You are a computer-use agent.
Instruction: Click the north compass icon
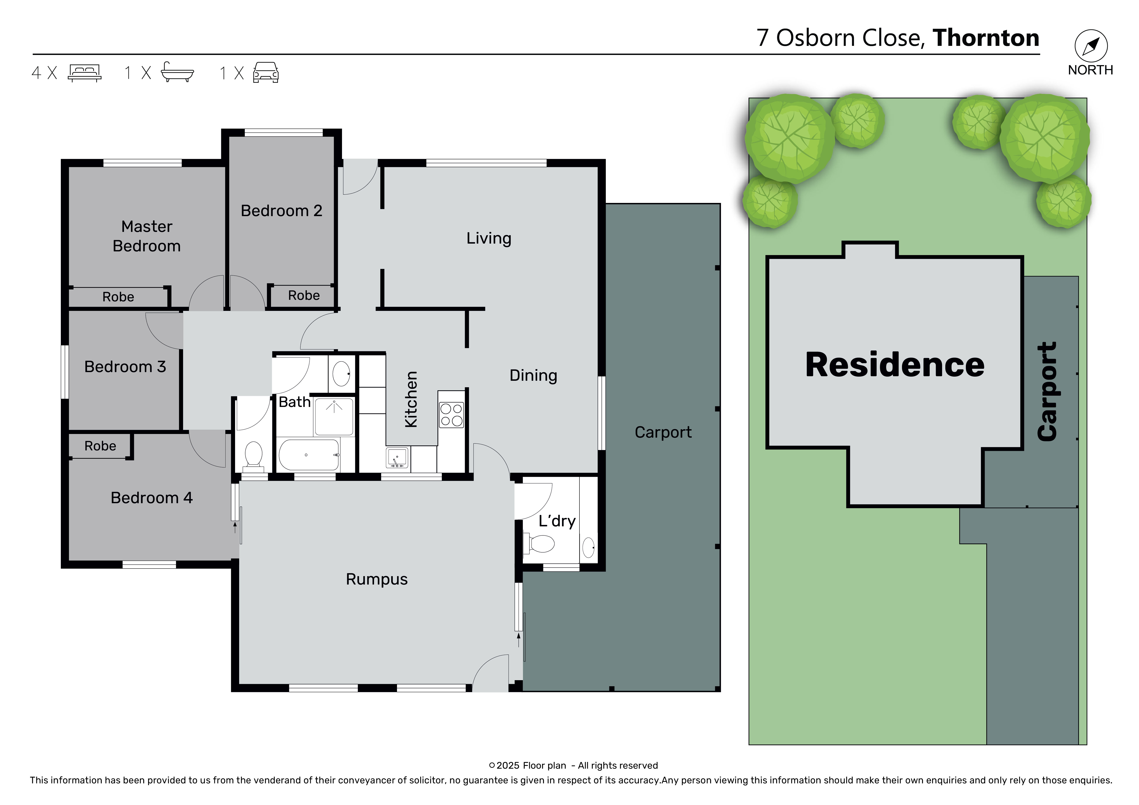[1091, 46]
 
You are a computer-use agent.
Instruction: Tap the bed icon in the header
[85, 73]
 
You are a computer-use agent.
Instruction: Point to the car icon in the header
[266, 72]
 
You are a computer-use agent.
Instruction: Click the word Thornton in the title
[986, 38]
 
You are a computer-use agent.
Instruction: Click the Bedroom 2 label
[281, 211]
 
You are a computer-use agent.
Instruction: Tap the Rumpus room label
[376, 579]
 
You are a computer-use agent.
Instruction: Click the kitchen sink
[397, 458]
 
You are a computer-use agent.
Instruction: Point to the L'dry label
[557, 521]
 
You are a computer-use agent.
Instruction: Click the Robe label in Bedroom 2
[304, 296]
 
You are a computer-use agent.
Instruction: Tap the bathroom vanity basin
[341, 373]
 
